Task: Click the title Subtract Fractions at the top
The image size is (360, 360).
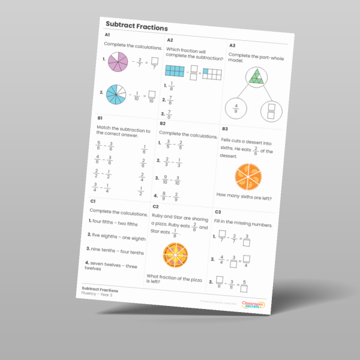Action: [x=136, y=27]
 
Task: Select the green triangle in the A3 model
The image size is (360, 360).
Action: [x=257, y=76]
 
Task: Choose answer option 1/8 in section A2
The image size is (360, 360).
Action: [x=170, y=85]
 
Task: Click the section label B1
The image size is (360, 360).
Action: [x=100, y=118]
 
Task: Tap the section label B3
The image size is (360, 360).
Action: [x=224, y=128]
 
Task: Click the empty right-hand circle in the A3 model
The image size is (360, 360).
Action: [x=272, y=111]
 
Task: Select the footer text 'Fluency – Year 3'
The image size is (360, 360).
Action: [x=97, y=295]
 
